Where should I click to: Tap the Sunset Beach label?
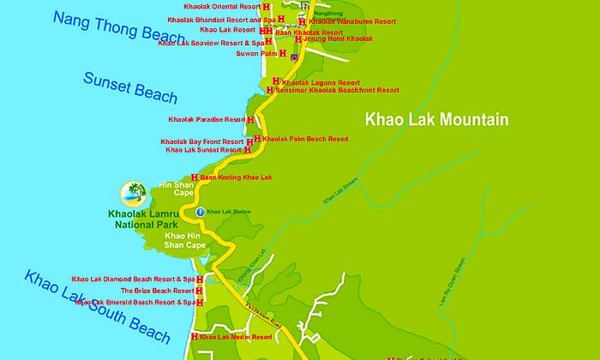click(x=129, y=88)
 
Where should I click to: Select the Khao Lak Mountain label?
click(x=437, y=119)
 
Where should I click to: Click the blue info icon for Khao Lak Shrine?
click(x=201, y=211)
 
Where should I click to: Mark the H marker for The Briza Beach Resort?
click(x=200, y=291)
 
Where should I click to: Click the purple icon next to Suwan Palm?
click(x=294, y=57)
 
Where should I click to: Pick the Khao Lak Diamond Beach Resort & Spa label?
click(x=133, y=279)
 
